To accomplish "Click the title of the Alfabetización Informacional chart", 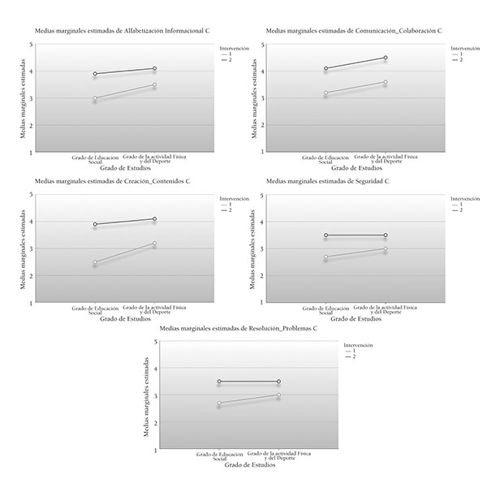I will (122, 30).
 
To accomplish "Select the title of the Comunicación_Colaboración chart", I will (354, 30).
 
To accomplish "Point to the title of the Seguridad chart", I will (327, 180).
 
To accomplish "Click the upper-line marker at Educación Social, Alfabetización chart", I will (95, 74).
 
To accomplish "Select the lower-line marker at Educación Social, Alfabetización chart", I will (95, 99).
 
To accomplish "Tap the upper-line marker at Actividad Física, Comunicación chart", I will (386, 58).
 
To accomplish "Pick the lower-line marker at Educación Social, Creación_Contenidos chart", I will (95, 262).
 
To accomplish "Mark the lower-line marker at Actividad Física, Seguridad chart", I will (386, 249).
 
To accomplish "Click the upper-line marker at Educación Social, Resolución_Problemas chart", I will (220, 382).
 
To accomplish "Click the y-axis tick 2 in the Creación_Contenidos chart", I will (32, 276).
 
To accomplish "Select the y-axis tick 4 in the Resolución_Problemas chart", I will (154, 369).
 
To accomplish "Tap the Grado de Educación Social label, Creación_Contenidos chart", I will (95, 310).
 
